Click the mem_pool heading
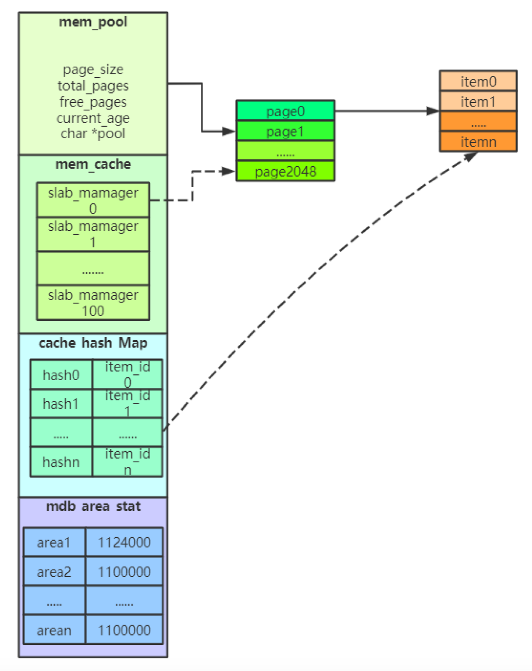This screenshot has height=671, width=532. click(x=93, y=22)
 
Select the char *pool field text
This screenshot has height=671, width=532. click(x=93, y=134)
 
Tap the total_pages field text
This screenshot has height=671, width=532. click(x=93, y=86)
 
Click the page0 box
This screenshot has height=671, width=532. click(x=285, y=111)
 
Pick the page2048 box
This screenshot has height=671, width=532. click(x=285, y=172)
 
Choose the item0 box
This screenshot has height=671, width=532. click(x=478, y=81)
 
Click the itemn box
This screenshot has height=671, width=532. click(x=478, y=142)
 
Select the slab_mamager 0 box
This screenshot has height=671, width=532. click(x=93, y=200)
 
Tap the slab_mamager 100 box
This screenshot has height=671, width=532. click(x=93, y=303)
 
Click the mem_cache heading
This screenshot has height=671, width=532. click(x=93, y=164)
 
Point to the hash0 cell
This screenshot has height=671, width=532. click(x=61, y=375)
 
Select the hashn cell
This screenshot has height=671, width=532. click(x=61, y=462)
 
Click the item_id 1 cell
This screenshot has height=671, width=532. click(x=128, y=403)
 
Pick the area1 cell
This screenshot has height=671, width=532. click(x=54, y=542)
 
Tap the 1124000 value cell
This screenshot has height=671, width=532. click(x=124, y=542)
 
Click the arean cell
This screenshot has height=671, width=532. click(x=54, y=630)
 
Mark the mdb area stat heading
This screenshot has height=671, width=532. click(x=93, y=506)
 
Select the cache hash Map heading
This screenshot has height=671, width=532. click(x=93, y=343)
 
